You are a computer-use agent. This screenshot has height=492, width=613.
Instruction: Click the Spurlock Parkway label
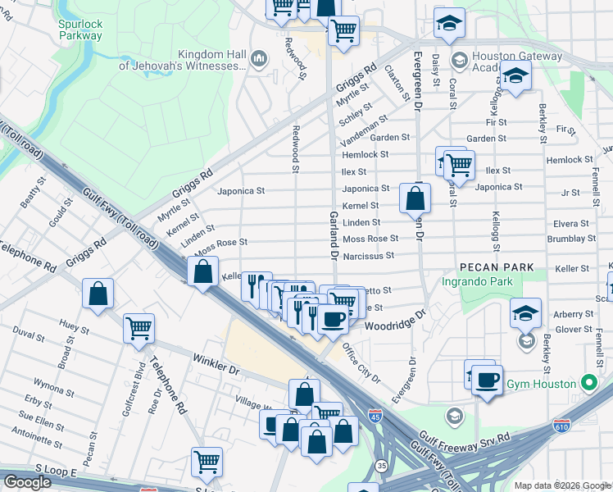coord(80,30)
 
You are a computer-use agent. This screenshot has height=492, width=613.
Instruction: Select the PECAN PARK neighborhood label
coord(497,267)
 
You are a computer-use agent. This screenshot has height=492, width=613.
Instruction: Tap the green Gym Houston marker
coord(587,383)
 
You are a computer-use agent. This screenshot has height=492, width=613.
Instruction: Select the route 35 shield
coord(382,466)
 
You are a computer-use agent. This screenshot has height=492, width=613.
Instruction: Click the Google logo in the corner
coord(27,482)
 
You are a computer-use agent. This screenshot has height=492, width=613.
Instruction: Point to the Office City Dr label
coord(361,363)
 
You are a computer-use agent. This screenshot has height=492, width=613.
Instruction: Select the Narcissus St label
coord(368,256)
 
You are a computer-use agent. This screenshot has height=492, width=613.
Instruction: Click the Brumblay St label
coord(573,239)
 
